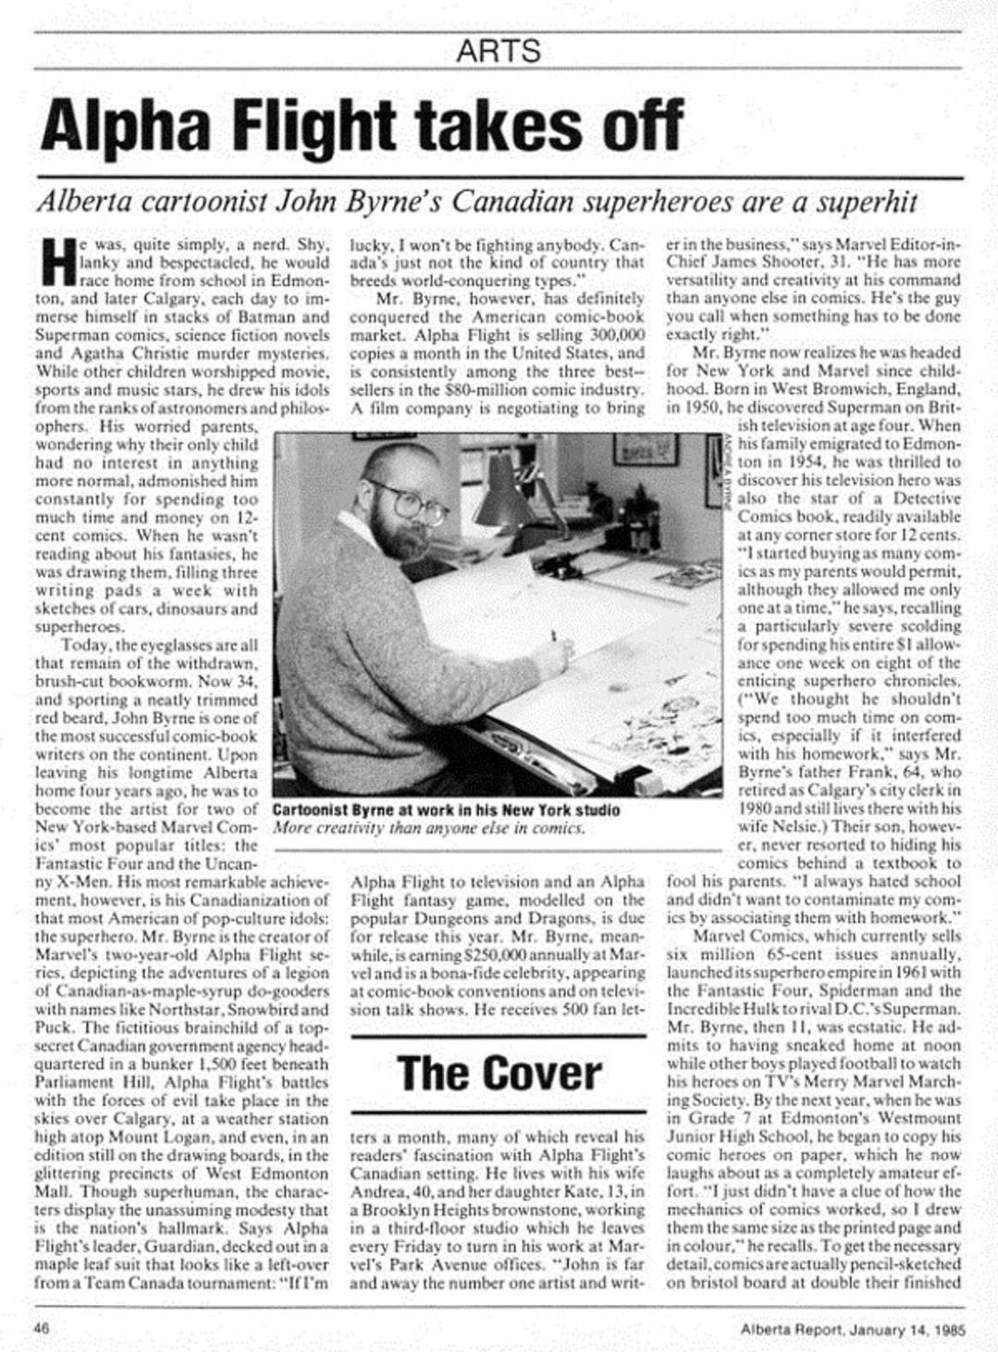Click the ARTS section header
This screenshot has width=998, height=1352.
click(x=499, y=49)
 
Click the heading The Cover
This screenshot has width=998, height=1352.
click(x=499, y=1073)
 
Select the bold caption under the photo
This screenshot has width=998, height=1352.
click(x=446, y=810)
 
